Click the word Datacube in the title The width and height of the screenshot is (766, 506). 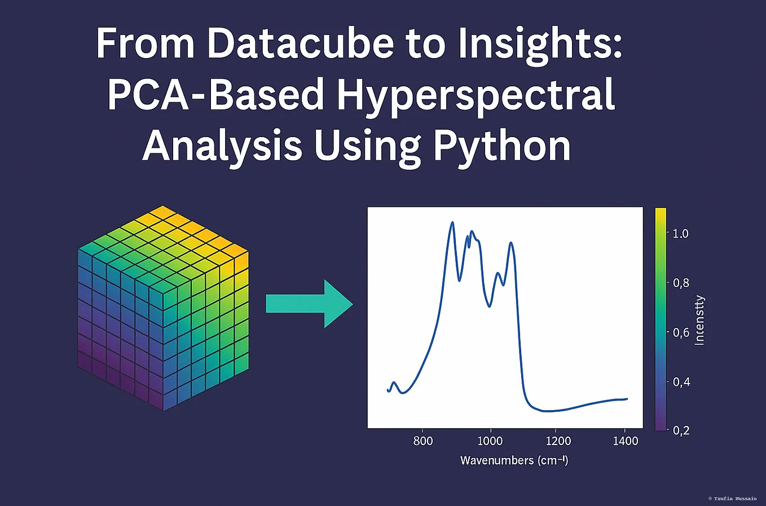click(x=300, y=43)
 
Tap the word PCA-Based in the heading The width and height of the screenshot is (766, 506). click(x=215, y=94)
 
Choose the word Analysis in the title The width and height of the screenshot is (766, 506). click(x=222, y=146)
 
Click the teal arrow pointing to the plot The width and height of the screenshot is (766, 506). click(x=309, y=303)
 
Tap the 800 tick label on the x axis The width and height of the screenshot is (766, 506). click(x=423, y=441)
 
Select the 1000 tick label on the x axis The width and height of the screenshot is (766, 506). click(x=490, y=441)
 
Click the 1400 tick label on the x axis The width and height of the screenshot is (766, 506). click(x=625, y=441)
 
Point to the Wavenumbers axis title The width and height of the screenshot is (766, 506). click(x=514, y=460)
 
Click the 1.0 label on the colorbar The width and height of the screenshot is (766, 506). click(x=680, y=234)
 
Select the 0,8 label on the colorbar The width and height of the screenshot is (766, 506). click(x=680, y=283)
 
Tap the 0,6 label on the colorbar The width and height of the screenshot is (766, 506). click(x=680, y=333)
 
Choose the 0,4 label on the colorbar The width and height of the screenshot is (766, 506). click(x=680, y=382)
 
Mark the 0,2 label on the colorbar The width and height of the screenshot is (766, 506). click(x=680, y=430)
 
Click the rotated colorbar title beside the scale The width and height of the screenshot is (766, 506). click(x=699, y=320)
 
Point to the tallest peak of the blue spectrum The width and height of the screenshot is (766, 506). click(x=452, y=223)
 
